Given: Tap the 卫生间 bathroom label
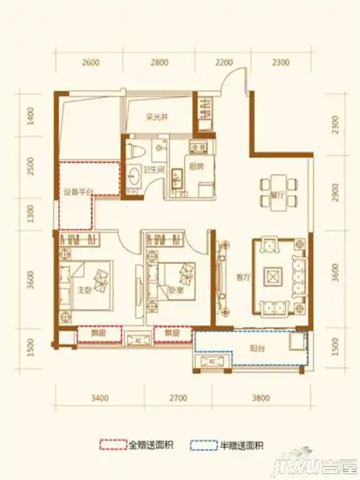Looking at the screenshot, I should (153, 171).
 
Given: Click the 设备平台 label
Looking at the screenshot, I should (74, 192).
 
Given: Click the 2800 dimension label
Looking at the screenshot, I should (159, 63).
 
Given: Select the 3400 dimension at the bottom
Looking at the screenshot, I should (99, 397).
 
